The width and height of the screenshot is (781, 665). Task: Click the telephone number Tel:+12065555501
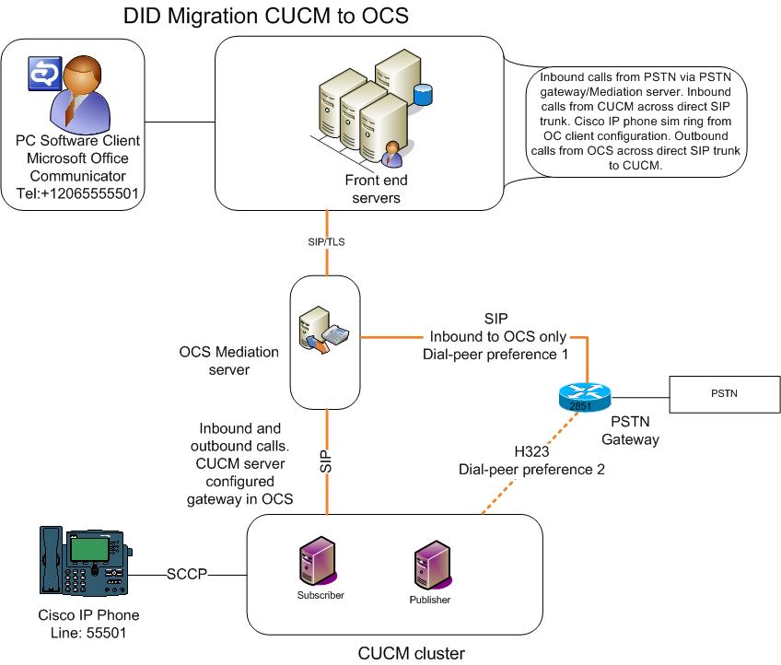(x=78, y=192)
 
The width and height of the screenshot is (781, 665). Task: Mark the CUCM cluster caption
(x=411, y=654)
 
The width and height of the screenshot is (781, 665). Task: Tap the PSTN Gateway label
(x=631, y=430)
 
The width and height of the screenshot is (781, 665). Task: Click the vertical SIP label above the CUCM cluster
(x=325, y=461)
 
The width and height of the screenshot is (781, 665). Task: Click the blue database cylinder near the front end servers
(x=423, y=93)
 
